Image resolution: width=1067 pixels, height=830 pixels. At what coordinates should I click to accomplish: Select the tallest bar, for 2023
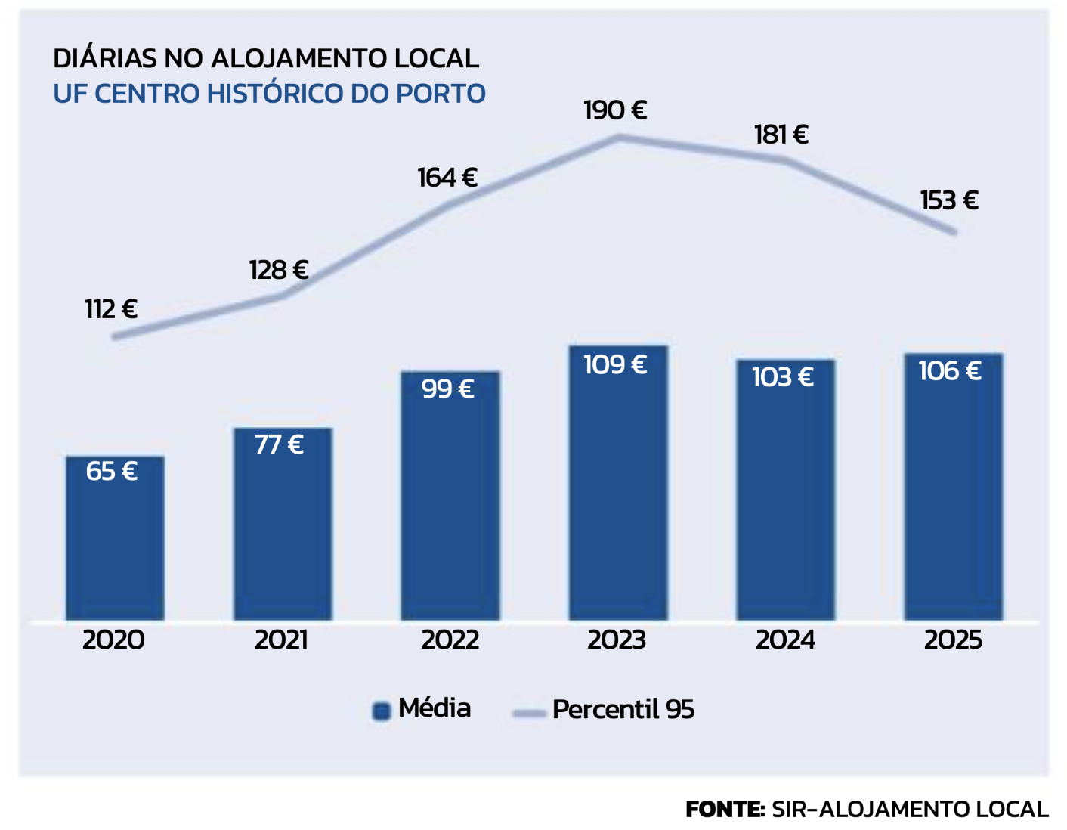click(x=618, y=484)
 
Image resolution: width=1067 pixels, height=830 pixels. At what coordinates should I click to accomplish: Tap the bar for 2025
click(x=954, y=488)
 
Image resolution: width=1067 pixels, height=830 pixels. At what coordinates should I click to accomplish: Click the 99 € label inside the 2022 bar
click(x=448, y=389)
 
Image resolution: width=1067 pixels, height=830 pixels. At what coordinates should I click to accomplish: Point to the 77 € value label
click(x=279, y=444)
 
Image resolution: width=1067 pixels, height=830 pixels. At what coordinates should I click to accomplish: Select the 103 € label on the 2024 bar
click(x=782, y=377)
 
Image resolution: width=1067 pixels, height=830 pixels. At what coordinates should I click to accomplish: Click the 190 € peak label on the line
click(x=615, y=110)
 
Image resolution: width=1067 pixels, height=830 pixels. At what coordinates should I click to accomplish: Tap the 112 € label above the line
click(x=111, y=309)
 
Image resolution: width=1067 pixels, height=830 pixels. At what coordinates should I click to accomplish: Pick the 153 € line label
click(x=949, y=200)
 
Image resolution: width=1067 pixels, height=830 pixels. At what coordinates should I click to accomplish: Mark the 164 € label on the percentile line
click(x=447, y=178)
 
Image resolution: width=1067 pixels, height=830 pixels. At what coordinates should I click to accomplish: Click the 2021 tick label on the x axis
click(x=281, y=640)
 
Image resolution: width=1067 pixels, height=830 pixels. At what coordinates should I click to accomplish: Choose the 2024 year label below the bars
click(x=785, y=640)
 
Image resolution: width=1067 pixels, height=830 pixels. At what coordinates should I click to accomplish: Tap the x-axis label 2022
click(x=450, y=640)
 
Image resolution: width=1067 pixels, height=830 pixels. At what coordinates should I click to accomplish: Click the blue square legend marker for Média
click(x=382, y=711)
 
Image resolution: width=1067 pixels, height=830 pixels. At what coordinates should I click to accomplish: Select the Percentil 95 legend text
click(x=623, y=710)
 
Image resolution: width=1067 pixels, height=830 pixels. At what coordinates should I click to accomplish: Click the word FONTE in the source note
click(x=725, y=810)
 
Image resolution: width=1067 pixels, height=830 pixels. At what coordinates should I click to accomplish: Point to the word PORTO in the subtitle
click(x=441, y=94)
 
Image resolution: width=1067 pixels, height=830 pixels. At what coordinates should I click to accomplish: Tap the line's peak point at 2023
click(x=619, y=137)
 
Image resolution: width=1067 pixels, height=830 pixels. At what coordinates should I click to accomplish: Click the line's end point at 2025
click(x=954, y=232)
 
